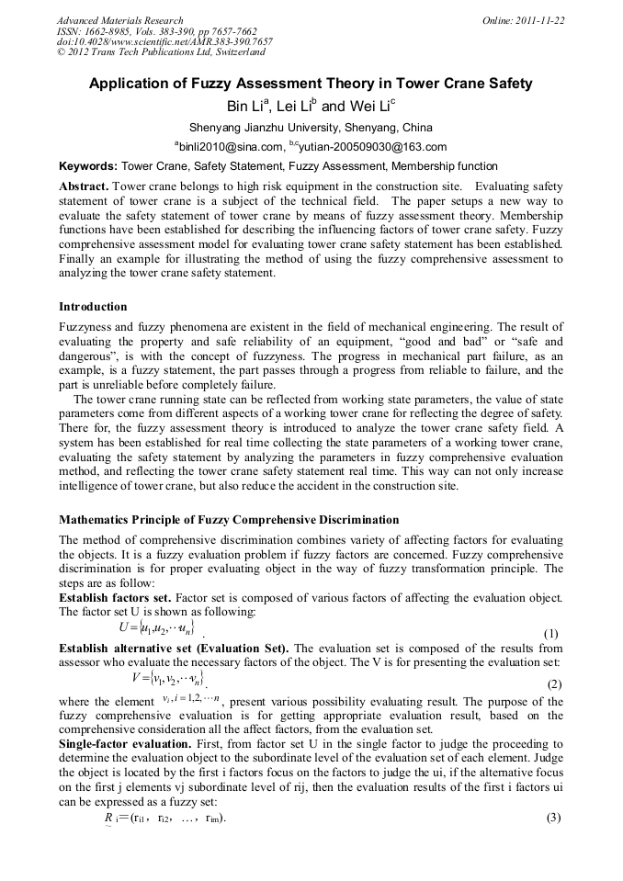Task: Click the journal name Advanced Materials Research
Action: point(119,20)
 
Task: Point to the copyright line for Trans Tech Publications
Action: point(161,53)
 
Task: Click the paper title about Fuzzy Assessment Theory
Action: point(311,84)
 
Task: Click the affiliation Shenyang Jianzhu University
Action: point(311,128)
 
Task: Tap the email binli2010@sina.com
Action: point(229,147)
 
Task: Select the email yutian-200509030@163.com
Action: point(372,147)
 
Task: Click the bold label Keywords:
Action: point(88,167)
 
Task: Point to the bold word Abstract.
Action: point(84,186)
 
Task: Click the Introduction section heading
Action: point(93,307)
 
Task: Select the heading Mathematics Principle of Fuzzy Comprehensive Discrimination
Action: point(229,520)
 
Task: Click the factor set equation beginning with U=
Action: point(156,627)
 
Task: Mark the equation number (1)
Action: point(551,634)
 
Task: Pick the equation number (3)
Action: point(553,818)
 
